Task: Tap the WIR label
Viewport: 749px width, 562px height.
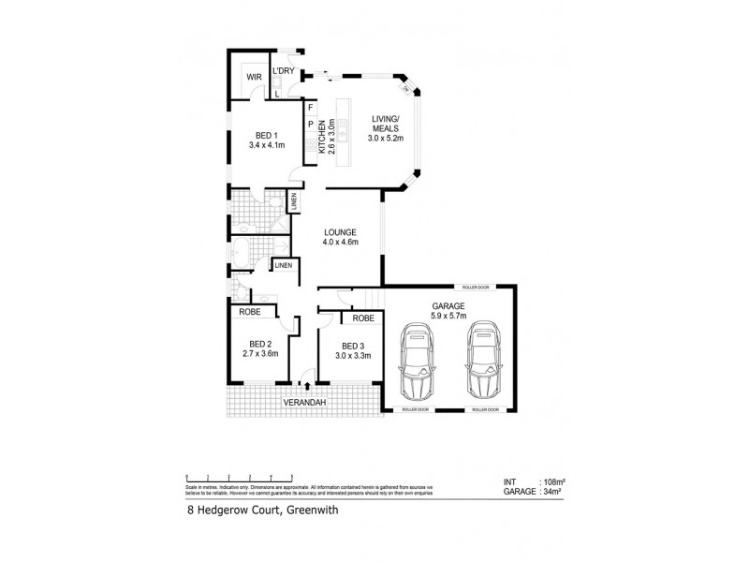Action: [254, 77]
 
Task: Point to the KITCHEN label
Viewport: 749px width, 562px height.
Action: [322, 136]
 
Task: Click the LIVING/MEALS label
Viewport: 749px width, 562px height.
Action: [386, 122]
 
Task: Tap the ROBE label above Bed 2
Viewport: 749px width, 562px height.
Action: [249, 312]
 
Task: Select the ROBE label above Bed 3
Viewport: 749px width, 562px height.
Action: [363, 318]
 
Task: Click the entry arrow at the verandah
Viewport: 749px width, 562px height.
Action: [307, 384]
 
